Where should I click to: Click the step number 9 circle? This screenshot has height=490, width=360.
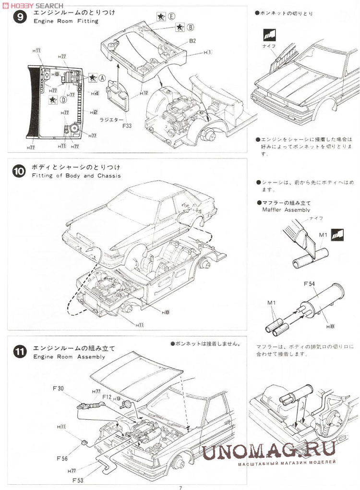click(18, 18)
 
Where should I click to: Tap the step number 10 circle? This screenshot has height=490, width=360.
click(18, 171)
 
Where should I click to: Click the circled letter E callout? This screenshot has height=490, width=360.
click(171, 16)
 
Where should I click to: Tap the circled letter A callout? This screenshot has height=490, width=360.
click(102, 77)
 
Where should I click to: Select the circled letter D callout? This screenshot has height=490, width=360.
click(63, 99)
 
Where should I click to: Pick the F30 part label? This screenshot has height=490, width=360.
click(57, 388)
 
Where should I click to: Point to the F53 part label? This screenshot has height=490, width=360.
click(78, 479)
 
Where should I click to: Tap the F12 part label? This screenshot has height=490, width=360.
click(107, 397)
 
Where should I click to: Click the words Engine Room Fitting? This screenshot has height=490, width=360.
click(66, 21)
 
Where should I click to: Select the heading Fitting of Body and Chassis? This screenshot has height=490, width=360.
click(77, 176)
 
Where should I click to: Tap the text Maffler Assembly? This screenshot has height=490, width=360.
click(286, 210)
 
